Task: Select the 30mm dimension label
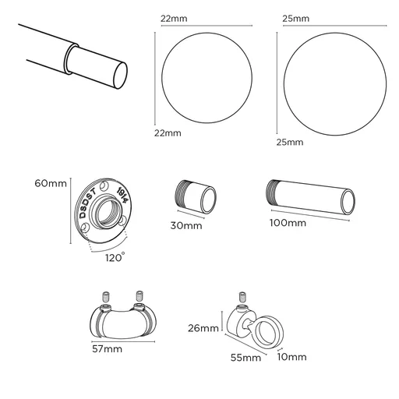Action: tap(186, 226)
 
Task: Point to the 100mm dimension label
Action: tap(287, 224)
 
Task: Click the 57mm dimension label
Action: tap(106, 350)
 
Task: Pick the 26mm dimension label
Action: tap(203, 328)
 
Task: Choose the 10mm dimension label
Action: tap(292, 357)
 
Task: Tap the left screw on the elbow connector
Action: tap(106, 296)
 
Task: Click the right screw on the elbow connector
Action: tap(139, 296)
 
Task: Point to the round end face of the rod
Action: tap(120, 76)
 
